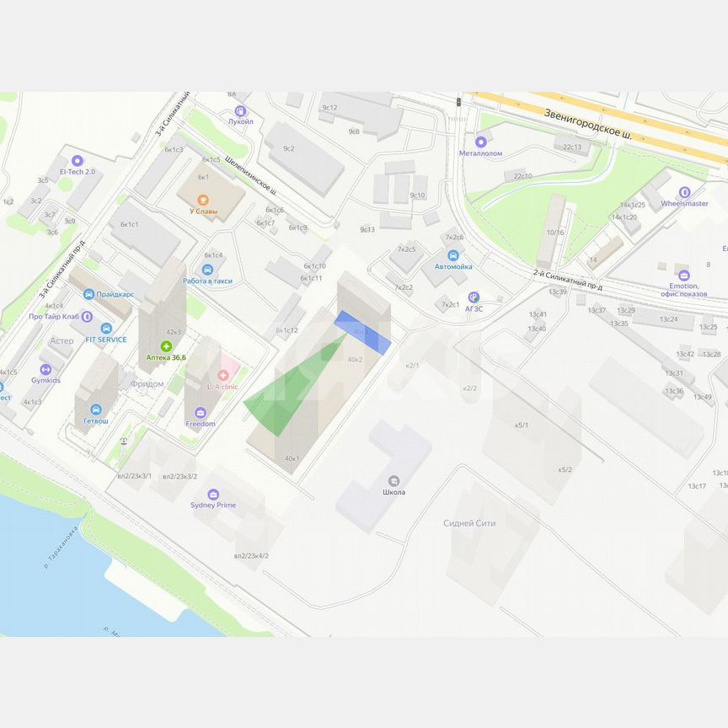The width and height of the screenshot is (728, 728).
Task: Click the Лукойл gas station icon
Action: (x=241, y=110)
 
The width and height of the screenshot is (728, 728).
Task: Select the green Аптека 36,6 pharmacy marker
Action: (x=167, y=346)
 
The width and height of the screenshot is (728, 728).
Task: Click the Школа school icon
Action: (x=394, y=480)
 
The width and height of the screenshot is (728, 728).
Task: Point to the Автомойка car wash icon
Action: (x=453, y=254)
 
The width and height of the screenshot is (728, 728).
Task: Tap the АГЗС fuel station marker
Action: (x=474, y=297)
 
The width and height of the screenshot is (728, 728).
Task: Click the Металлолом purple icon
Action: (x=481, y=142)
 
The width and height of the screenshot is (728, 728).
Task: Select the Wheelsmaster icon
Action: (x=683, y=192)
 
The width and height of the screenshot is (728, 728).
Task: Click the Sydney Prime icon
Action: (x=213, y=494)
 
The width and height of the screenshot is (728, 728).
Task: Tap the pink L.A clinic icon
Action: (x=223, y=375)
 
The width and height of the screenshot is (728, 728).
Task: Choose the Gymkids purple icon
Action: (x=46, y=369)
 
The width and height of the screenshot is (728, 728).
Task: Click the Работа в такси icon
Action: (x=207, y=269)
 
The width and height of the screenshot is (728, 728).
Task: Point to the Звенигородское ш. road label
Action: (x=588, y=123)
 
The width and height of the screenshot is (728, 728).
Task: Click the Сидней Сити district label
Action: (x=469, y=523)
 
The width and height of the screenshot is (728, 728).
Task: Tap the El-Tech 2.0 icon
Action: (x=78, y=160)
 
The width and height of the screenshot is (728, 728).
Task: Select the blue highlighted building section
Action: (x=362, y=332)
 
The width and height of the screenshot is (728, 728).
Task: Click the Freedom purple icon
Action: (x=200, y=412)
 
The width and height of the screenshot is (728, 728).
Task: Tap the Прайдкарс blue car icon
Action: (x=89, y=294)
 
